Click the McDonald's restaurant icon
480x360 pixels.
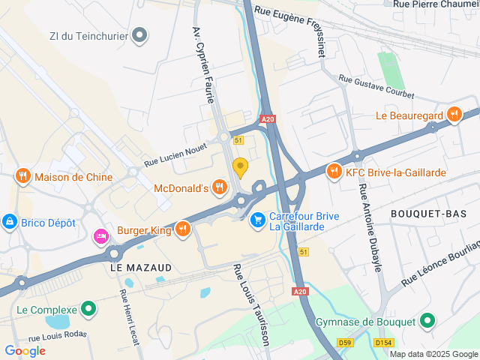[219, 187]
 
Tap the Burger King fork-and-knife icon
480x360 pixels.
[181, 228]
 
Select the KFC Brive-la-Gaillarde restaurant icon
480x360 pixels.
[334, 172]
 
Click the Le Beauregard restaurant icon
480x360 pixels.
[453, 115]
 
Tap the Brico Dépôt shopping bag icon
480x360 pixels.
[10, 222]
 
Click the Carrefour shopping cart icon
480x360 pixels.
[258, 220]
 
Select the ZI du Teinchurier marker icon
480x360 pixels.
[140, 34]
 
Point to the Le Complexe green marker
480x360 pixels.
[88, 309]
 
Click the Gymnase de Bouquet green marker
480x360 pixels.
[427, 322]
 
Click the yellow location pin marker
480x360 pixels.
[240, 166]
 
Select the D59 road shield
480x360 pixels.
[346, 343]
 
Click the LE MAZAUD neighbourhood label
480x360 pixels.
[141, 267]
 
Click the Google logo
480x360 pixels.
[25, 350]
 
